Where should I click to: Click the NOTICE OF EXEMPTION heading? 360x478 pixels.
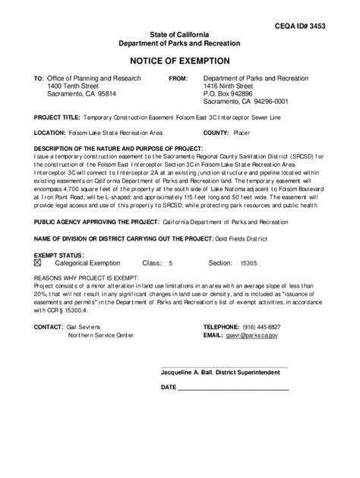179,60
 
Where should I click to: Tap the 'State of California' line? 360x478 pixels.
179,36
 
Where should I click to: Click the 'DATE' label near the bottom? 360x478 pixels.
169,387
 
